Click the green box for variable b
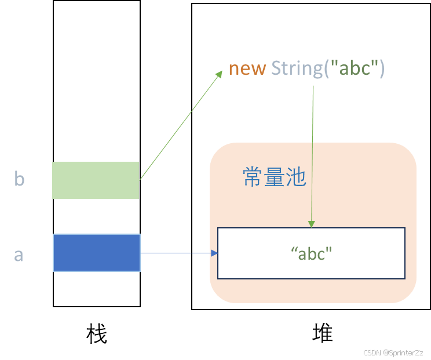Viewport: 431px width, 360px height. tap(96, 180)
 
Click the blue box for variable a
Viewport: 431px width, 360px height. tap(97, 253)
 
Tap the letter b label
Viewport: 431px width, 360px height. tap(19, 180)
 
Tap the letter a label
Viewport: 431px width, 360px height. tap(19, 254)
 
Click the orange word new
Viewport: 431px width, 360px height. tap(247, 68)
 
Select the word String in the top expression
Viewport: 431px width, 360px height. tap(297, 68)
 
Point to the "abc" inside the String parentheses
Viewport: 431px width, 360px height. tap(353, 68)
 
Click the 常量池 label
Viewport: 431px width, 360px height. tap(274, 178)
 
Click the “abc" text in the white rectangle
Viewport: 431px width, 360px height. tap(312, 254)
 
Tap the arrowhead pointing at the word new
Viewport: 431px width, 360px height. tap(220, 74)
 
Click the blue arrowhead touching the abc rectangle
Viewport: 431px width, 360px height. tap(214, 253)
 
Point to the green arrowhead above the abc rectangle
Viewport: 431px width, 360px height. tap(312, 224)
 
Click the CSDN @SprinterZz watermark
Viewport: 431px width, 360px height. tap(392, 352)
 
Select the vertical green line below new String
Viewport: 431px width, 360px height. tap(313, 151)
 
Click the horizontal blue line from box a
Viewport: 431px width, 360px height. tap(176, 253)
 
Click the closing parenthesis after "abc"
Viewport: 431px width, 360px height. tap(381, 68)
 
